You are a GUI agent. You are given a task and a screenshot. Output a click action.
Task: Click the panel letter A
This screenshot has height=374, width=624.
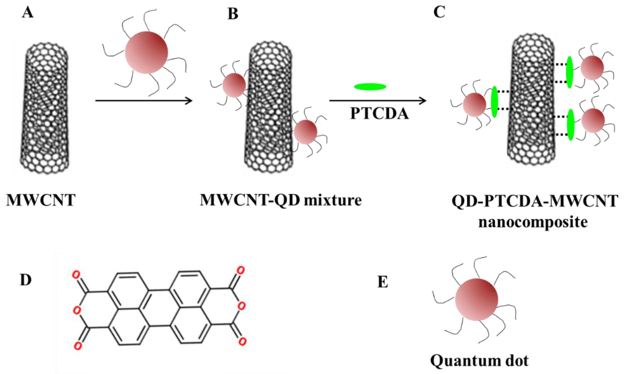tap(28, 13)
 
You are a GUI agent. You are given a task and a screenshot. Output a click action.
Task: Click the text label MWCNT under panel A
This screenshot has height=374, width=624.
tap(41, 201)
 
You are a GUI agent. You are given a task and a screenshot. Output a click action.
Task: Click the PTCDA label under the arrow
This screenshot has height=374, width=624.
tap(379, 114)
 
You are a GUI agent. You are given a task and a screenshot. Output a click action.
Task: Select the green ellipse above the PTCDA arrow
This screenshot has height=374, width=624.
tap(370, 87)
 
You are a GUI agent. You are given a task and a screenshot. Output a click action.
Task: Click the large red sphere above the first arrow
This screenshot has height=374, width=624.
tap(146, 53)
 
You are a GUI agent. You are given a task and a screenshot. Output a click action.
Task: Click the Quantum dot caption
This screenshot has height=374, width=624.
tap(479, 361)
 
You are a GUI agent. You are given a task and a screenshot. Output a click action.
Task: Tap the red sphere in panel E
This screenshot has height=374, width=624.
tap(477, 299)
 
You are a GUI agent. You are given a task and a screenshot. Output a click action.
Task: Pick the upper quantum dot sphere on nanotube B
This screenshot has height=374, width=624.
tap(234, 85)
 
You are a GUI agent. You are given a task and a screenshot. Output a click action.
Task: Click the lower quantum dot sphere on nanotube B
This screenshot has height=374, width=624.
tap(305, 132)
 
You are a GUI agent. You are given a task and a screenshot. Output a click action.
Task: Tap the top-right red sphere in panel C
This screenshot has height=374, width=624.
tap(592, 68)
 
